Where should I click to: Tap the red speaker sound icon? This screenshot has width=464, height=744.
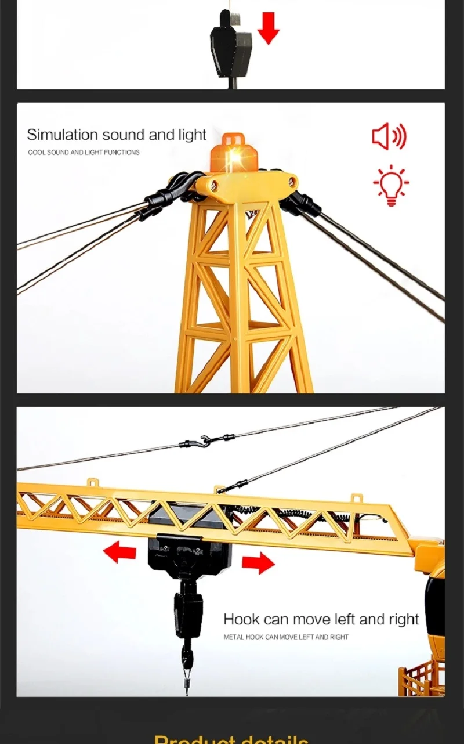coord(389,137)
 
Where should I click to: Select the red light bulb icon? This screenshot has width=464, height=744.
coord(391,185)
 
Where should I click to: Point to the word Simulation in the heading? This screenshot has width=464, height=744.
coord(62,135)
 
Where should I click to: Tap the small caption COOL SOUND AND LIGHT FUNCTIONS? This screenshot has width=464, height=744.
coord(84,153)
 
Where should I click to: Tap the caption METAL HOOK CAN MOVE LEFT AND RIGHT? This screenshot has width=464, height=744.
coord(286,637)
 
